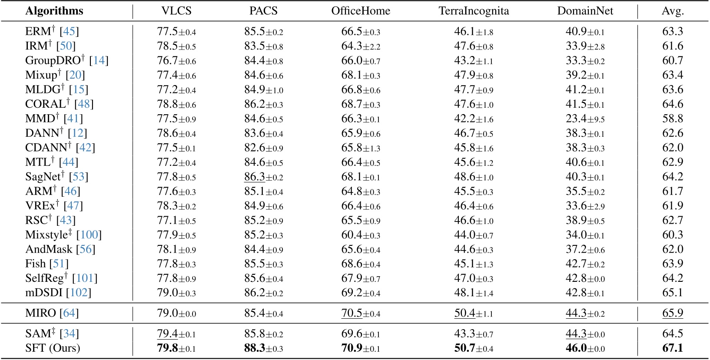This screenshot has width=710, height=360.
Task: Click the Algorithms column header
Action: [54, 11]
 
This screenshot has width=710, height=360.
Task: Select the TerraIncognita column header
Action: [474, 11]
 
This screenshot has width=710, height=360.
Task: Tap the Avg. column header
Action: [672, 11]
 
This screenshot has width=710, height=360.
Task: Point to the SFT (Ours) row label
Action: [53, 348]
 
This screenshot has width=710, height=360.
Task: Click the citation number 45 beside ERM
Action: [69, 31]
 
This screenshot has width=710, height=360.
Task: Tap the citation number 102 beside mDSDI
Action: [79, 293]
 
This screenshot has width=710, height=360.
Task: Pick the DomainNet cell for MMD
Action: [585, 119]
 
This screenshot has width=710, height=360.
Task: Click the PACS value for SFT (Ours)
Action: [263, 348]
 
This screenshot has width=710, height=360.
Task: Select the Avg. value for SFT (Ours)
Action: [672, 348]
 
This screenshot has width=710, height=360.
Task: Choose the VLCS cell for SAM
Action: [176, 334]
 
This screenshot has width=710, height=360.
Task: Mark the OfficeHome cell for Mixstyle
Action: [361, 235]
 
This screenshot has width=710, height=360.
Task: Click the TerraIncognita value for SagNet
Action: [474, 177]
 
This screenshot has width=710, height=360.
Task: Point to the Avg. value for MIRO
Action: [672, 313]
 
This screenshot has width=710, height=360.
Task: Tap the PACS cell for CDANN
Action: [263, 148]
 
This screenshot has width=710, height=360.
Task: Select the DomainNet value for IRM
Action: [585, 46]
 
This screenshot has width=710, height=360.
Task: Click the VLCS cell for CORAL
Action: [176, 104]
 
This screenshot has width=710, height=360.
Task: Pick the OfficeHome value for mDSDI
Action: [361, 293]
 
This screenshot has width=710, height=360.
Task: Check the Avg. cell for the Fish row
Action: [672, 264]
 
